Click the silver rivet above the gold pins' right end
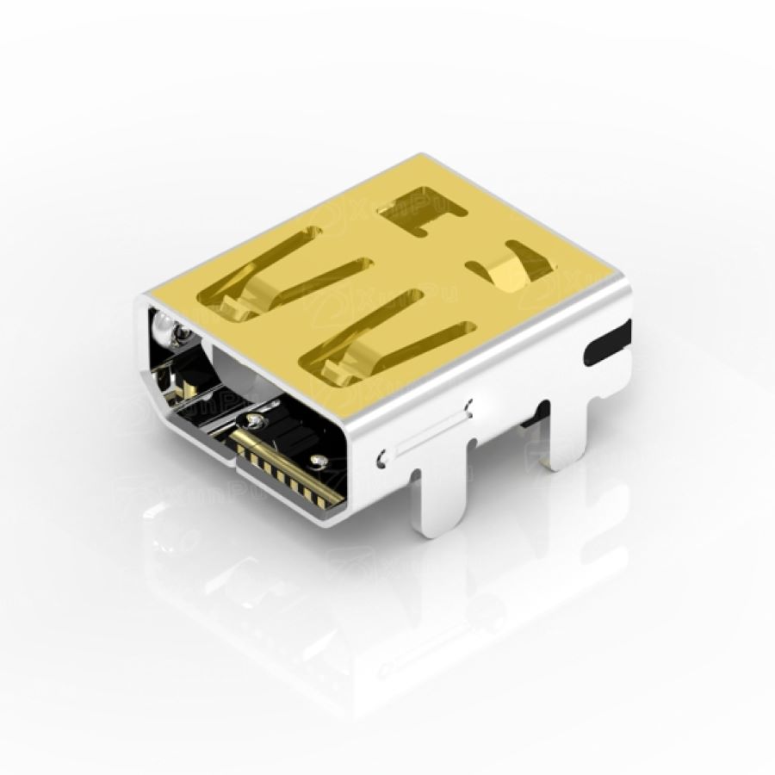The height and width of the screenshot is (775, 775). (x=319, y=462)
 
